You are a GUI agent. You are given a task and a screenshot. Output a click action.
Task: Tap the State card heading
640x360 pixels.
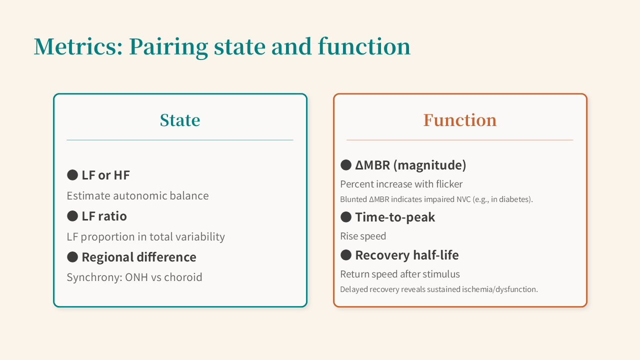point(180,120)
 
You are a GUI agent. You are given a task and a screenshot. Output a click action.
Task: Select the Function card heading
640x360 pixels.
point(460,120)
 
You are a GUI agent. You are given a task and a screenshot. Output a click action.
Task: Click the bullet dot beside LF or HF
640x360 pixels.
point(72,175)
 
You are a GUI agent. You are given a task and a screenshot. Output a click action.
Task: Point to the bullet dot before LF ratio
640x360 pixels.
point(72,216)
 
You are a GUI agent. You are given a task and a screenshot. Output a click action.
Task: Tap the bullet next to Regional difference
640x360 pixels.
point(72,257)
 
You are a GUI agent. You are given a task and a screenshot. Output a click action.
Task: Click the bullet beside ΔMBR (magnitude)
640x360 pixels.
point(346,165)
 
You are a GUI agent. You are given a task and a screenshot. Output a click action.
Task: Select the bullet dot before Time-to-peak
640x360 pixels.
point(346,217)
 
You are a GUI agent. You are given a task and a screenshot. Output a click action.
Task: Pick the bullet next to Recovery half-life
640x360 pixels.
point(346,255)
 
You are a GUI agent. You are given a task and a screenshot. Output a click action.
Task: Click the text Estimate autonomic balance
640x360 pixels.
point(137,196)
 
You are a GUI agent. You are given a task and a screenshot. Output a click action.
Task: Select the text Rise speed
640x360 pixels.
point(363,236)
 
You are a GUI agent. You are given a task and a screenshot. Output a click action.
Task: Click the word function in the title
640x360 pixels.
point(364,46)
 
